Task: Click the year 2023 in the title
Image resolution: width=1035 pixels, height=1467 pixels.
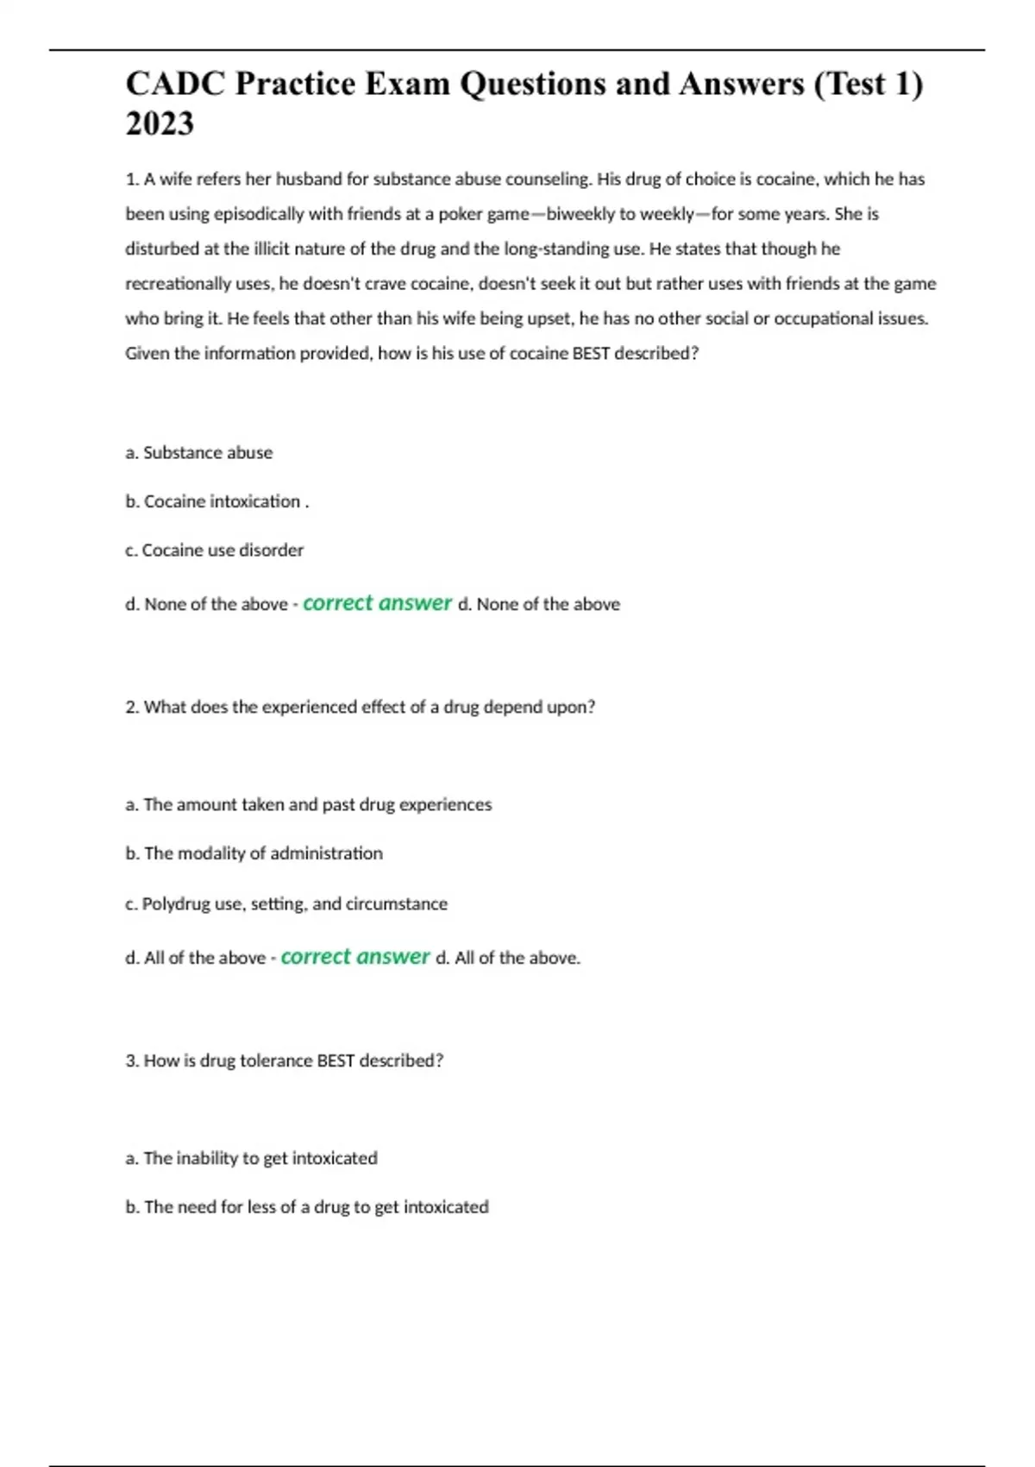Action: pos(160,124)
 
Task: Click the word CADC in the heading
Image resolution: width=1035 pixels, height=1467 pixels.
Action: pos(175,84)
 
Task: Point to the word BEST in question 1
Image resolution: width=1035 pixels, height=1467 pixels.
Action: pos(591,353)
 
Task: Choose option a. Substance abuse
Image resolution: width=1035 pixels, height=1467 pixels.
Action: pos(199,453)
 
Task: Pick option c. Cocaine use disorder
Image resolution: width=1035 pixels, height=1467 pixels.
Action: pos(214,551)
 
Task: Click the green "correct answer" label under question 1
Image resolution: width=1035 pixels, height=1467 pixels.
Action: pos(377,603)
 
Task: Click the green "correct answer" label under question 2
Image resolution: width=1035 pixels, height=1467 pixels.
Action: pos(355,957)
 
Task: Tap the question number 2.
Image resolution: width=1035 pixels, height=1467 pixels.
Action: pos(132,708)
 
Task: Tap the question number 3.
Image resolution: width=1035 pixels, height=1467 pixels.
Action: pos(132,1061)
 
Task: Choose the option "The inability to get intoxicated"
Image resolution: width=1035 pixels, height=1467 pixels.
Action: pos(251,1158)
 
